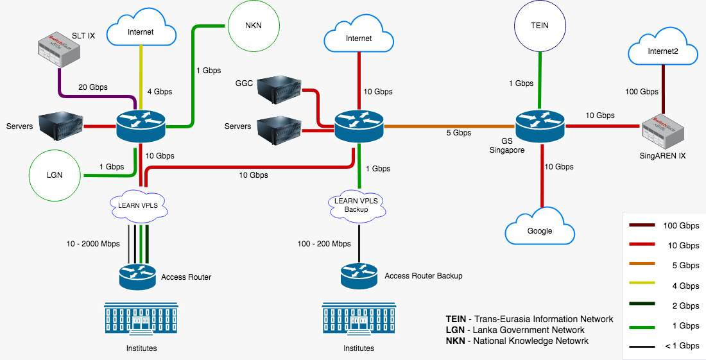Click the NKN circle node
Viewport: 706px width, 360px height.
(254, 27)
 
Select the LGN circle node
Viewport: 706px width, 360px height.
(55, 175)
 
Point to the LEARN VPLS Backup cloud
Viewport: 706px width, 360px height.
(358, 205)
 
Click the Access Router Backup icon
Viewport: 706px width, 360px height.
(359, 275)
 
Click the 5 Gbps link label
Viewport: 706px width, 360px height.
(458, 133)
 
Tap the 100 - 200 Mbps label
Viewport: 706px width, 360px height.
(324, 244)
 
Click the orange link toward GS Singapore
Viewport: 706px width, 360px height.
(449, 125)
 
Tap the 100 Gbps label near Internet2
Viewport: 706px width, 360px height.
(642, 92)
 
